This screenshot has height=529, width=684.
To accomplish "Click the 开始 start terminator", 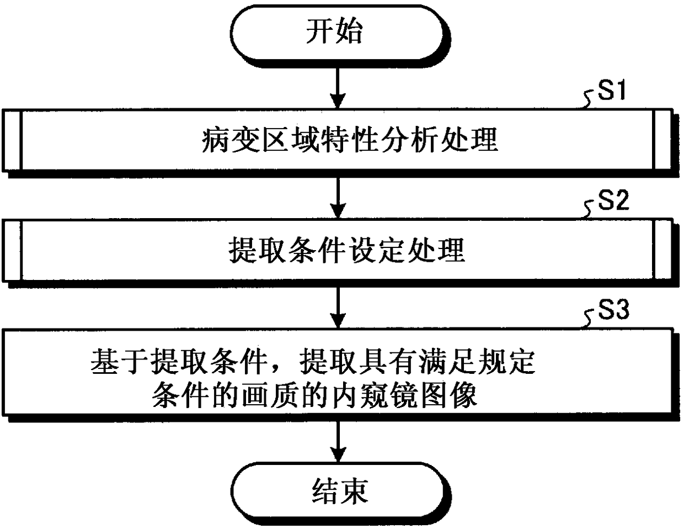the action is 340,35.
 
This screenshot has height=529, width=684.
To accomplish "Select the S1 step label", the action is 611,90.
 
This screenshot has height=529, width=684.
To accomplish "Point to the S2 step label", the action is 613,199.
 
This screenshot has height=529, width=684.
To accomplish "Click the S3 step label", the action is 613,309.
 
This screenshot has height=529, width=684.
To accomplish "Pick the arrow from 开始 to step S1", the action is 338,88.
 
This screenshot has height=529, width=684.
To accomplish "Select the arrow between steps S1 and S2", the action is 338,198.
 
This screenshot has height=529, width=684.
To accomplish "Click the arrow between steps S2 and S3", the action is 338,308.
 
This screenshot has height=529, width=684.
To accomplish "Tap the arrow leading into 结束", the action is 338,442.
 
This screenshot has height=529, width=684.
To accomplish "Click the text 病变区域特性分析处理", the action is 350,140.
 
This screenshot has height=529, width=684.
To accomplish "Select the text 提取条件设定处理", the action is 346,250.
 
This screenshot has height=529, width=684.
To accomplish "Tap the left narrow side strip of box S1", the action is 12,140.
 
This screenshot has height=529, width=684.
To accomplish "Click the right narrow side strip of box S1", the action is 663,140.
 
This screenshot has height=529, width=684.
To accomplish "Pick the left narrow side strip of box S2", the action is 12,250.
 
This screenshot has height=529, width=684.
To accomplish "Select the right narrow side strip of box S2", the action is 663,250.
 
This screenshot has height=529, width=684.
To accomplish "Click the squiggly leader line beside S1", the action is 589,101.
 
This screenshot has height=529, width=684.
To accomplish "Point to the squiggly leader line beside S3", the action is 589,320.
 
